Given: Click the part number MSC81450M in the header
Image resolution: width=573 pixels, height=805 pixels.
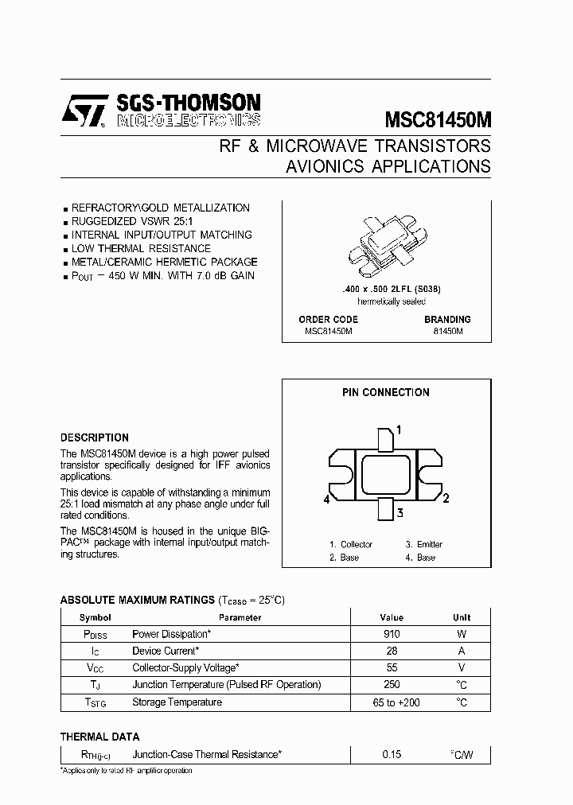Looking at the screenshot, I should point(438,119).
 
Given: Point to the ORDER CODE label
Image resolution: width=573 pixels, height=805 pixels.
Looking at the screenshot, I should point(328,319).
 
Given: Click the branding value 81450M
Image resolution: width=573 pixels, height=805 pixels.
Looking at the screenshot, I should point(447,331).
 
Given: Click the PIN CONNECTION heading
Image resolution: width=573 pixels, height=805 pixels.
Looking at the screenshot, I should point(386,392).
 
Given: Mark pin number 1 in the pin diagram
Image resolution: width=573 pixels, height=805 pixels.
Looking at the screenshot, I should point(398,430).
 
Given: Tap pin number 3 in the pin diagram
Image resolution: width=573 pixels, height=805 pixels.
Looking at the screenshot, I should point(400,512).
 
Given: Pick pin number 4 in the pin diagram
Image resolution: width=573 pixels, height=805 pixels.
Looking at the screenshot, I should point(327,500).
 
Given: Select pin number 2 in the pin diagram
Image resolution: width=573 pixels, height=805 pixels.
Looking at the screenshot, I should point(446,499).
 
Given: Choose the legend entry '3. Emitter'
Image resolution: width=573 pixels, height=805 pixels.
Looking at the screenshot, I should point(423,544).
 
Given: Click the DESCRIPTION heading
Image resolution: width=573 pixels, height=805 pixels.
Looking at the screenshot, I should point(95,437).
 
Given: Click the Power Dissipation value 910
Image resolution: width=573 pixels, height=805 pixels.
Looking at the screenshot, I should point(392,634).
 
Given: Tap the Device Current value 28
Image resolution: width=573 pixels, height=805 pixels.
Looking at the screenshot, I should point(392,651).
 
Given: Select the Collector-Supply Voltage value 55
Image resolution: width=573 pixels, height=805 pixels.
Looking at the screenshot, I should point(392,668).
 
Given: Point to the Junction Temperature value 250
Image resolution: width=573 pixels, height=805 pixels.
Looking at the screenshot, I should point(392,685).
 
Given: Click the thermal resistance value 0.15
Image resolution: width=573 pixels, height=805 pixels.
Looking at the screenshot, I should point(392,753).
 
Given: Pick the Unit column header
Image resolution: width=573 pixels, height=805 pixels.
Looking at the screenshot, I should point(462,617).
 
